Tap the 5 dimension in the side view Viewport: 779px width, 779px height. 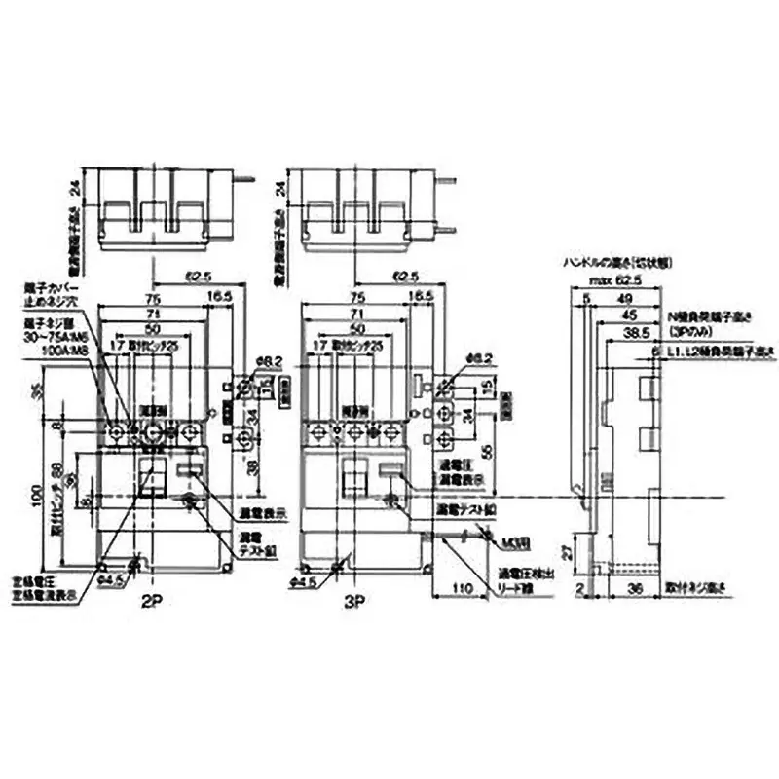pyautogui.click(x=586, y=299)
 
